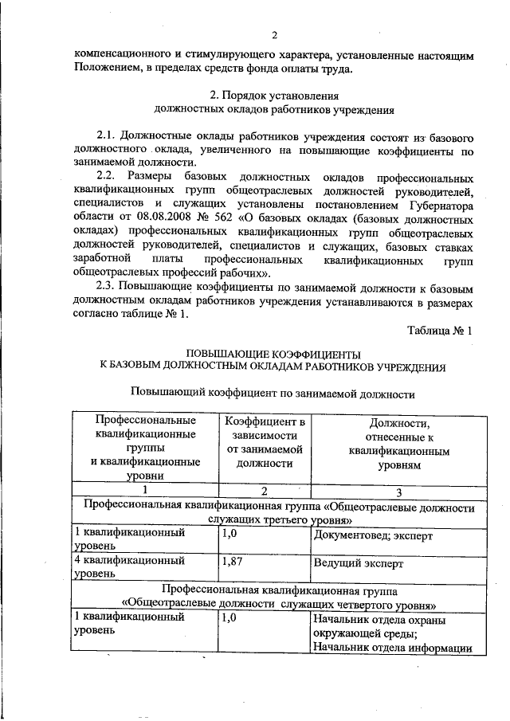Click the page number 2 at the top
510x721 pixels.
(x=273, y=35)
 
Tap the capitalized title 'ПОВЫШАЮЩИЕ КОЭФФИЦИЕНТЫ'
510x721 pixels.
(x=273, y=352)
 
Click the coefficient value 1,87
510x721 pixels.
(x=233, y=562)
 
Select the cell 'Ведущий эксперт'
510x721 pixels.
(x=358, y=563)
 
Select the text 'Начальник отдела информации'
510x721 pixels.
(x=389, y=647)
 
